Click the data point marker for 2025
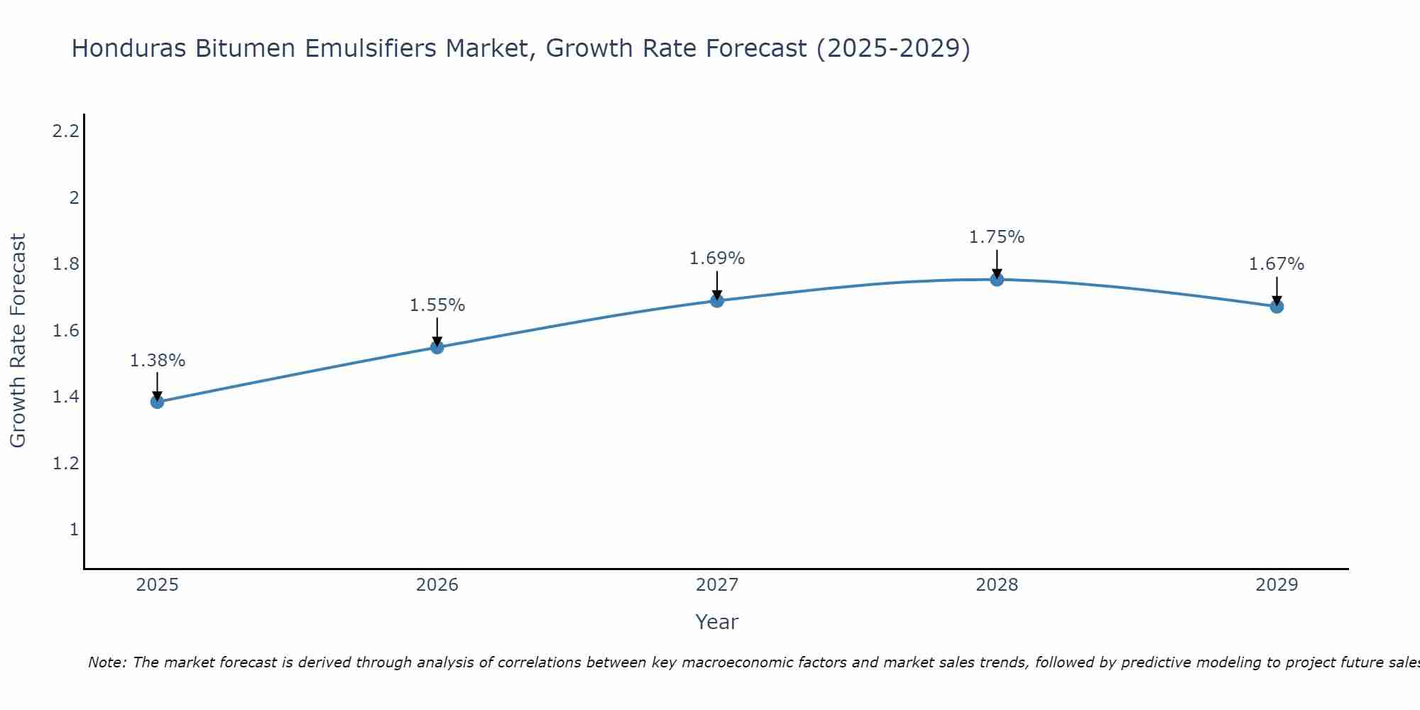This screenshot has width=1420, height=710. pos(157,402)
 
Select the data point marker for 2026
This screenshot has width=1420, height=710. pos(437,347)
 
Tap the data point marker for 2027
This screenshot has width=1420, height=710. pos(717,300)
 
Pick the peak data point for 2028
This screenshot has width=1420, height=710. pos(997,279)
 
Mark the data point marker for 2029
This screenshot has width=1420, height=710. pos(1277,306)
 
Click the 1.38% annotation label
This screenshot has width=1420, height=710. pos(157,361)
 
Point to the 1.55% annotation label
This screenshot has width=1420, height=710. pos(437,305)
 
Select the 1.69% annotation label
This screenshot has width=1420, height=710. pos(717,258)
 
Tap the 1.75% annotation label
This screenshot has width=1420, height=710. pos(997,237)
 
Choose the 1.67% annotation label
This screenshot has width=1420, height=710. pos(1277,264)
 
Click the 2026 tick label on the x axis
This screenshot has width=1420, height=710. pos(437,585)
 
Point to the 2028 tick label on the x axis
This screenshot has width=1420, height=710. pos(997,585)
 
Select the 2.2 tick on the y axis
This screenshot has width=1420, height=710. pos(65,131)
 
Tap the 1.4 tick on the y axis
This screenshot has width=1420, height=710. pos(65,397)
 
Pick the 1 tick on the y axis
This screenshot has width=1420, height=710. pos(73,530)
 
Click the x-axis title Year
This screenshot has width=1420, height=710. pos(717,622)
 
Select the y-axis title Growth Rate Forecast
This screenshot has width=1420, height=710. pos(18,341)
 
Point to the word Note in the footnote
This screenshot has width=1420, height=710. pos(106,662)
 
